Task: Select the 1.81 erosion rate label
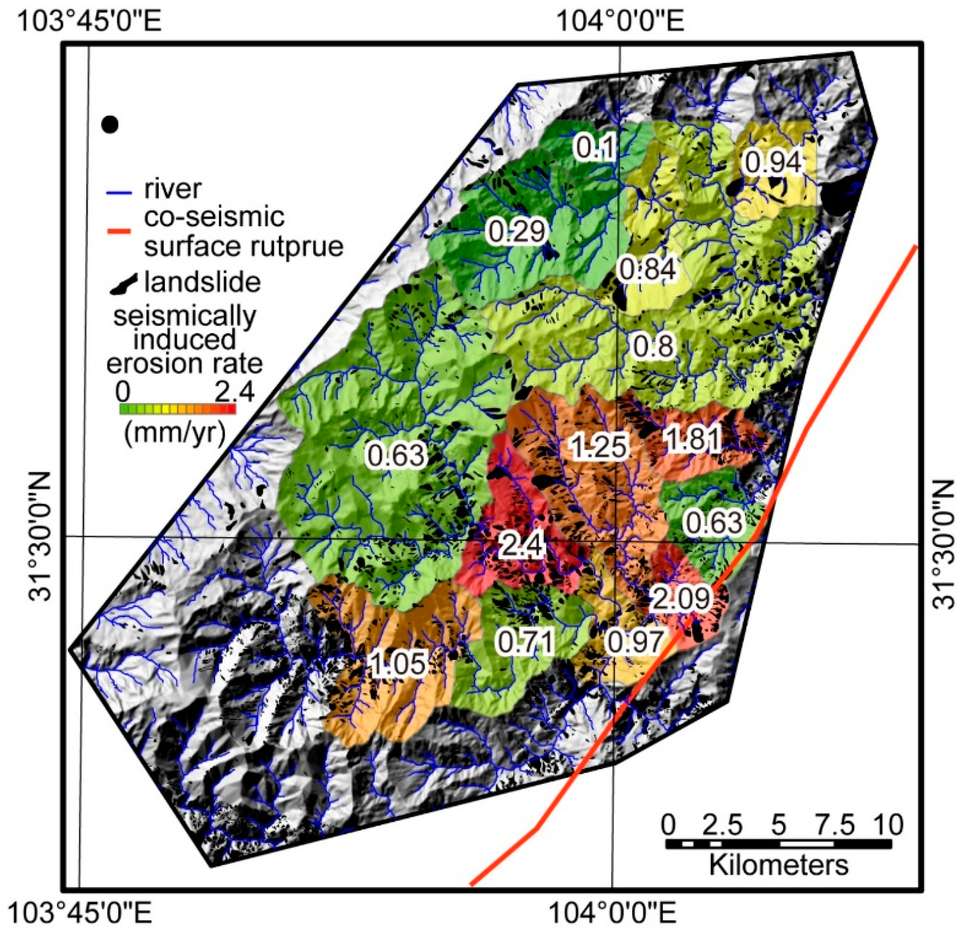pos(692,439)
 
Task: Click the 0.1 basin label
pos(595,148)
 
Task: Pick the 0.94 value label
pos(774,163)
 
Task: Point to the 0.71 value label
pos(526,642)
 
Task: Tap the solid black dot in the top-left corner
pos(110,124)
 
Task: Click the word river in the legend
pos(172,189)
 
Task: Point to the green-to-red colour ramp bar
pos(178,409)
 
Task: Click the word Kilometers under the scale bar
pos(779,865)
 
